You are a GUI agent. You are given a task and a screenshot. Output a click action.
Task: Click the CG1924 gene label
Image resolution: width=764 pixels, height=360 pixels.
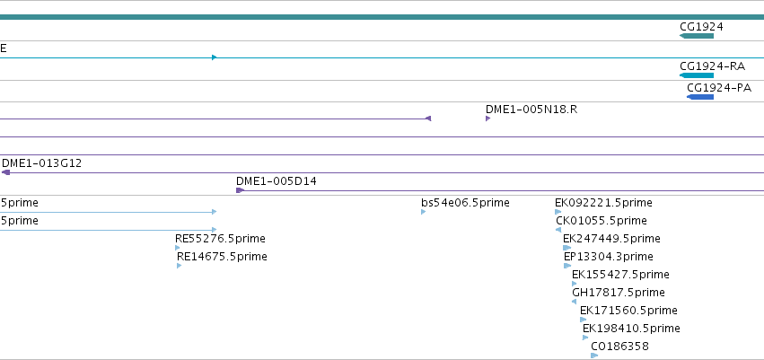pyautogui.click(x=701, y=27)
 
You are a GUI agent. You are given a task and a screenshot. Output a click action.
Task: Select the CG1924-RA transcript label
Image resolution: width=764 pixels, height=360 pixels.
pyautogui.click(x=712, y=66)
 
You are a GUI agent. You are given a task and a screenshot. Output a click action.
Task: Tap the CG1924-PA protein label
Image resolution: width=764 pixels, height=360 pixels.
pyautogui.click(x=719, y=88)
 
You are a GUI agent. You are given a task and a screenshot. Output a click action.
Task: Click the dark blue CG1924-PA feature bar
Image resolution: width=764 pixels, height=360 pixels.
pyautogui.click(x=700, y=97)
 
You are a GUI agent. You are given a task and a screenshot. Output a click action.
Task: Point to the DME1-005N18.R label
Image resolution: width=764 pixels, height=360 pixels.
pyautogui.click(x=531, y=110)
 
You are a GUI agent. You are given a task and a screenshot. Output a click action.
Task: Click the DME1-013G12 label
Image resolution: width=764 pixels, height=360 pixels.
pyautogui.click(x=42, y=163)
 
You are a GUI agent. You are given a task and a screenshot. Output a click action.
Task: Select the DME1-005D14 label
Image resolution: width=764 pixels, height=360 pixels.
pyautogui.click(x=277, y=181)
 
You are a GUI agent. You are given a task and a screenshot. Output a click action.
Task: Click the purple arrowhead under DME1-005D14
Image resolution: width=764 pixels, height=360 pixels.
pyautogui.click(x=240, y=190)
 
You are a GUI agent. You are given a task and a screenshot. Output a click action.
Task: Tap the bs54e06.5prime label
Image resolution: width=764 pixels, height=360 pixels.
pyautogui.click(x=465, y=203)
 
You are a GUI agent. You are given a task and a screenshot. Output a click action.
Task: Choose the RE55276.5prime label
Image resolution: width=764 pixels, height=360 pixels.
pyautogui.click(x=220, y=239)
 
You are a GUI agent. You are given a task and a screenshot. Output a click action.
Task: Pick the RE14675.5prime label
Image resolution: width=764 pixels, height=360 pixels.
pyautogui.click(x=222, y=257)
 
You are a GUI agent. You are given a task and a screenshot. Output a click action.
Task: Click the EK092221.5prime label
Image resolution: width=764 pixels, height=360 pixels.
pyautogui.click(x=603, y=203)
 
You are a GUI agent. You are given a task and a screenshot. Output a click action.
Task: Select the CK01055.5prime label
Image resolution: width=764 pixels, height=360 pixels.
pyautogui.click(x=602, y=221)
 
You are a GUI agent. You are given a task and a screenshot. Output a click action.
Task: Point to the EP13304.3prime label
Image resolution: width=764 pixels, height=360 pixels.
pyautogui.click(x=609, y=257)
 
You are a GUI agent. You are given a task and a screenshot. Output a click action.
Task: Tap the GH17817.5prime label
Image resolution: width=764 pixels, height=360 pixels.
pyautogui.click(x=619, y=293)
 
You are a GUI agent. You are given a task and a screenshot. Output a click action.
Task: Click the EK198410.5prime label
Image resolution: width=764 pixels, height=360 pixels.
pyautogui.click(x=631, y=329)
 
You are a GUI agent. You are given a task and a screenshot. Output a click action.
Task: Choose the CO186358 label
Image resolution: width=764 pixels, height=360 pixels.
pyautogui.click(x=619, y=347)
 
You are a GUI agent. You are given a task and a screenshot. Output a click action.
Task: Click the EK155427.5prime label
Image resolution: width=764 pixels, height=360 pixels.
pyautogui.click(x=620, y=275)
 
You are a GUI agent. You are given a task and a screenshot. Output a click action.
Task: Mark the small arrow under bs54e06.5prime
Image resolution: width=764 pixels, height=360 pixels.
pyautogui.click(x=424, y=212)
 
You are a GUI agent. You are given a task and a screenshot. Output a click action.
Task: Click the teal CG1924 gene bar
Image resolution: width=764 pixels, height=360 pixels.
pyautogui.click(x=697, y=36)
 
